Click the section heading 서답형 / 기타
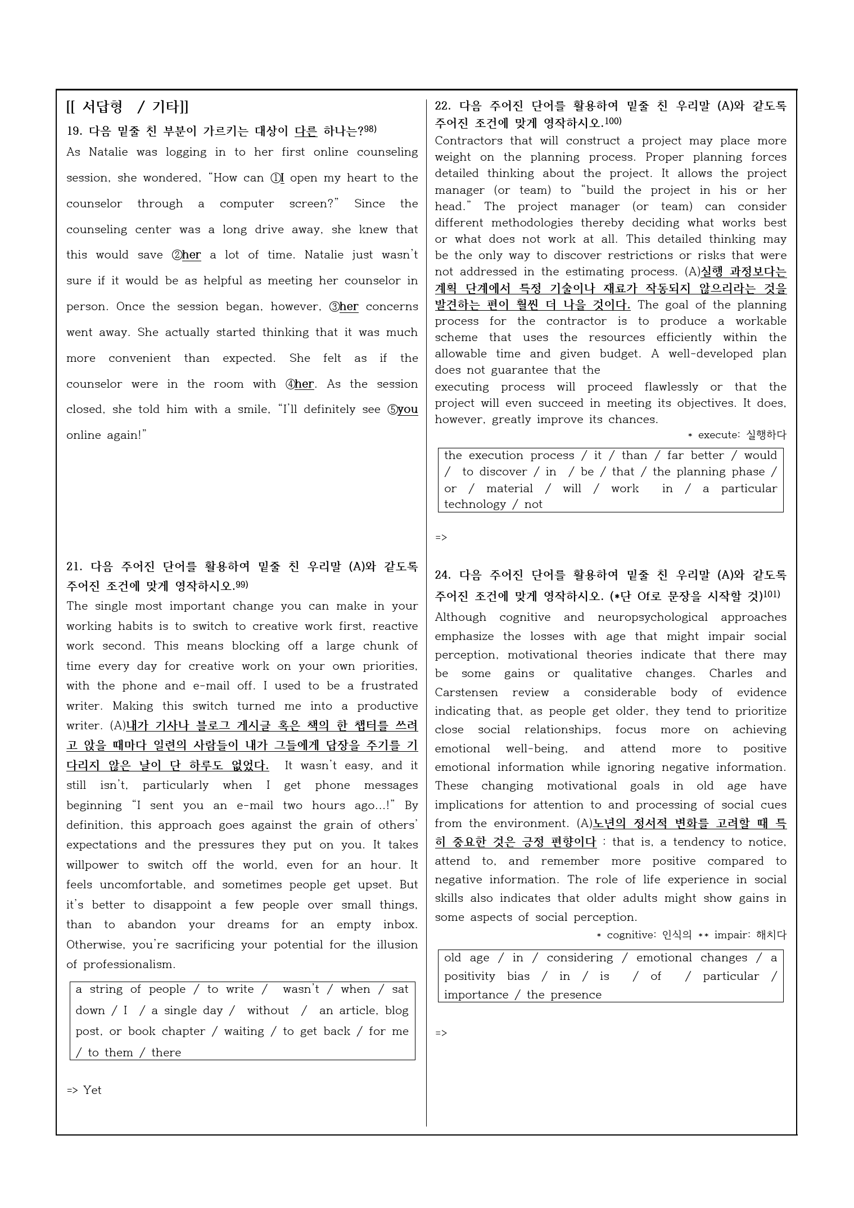[128, 106]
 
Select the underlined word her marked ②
[191, 255]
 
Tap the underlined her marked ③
[349, 307]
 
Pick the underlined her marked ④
[304, 384]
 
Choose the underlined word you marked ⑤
[408, 410]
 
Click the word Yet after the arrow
[92, 1090]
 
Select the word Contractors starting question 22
[460, 141]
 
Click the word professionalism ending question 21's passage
[129, 964]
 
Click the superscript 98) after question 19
[370, 130]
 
